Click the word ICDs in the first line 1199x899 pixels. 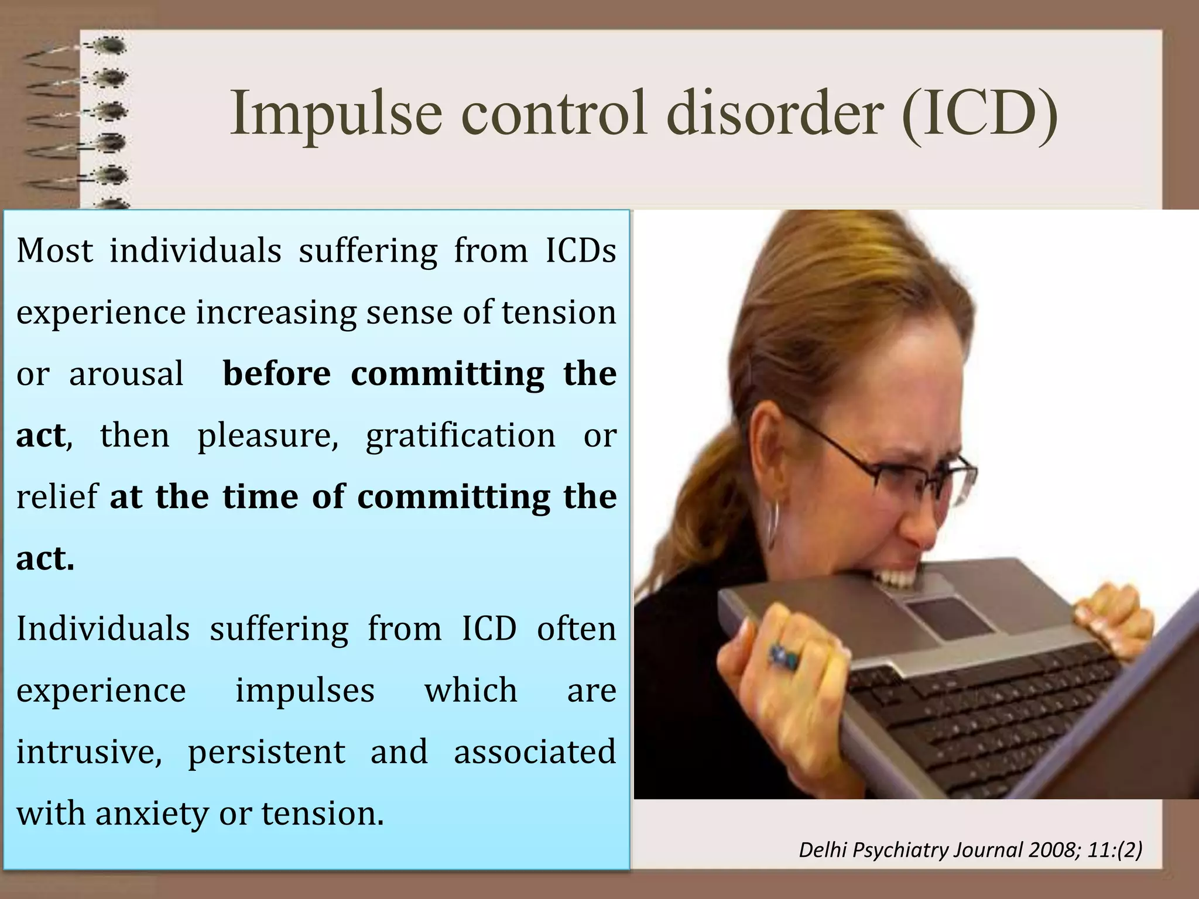pos(580,251)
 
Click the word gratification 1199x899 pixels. pos(460,435)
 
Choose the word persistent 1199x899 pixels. pos(266,753)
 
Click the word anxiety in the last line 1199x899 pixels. pos(152,814)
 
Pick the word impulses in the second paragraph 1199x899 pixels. pos(304,691)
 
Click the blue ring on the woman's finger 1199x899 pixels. pos(783,655)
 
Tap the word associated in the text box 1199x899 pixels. pos(535,752)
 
